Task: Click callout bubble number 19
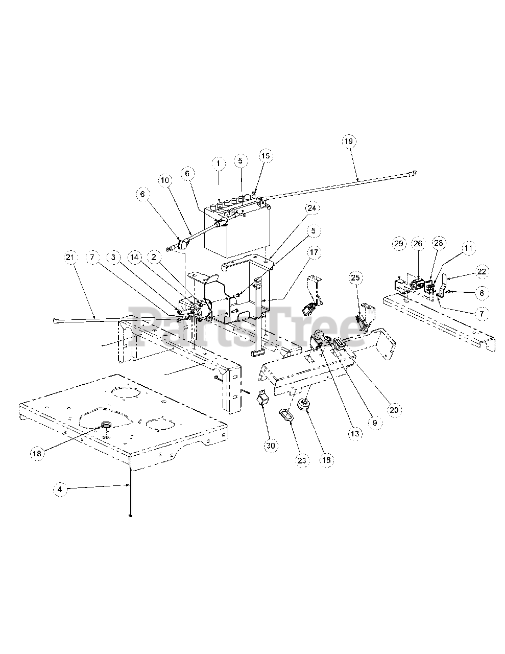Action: pos(350,141)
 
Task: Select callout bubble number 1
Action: pos(218,163)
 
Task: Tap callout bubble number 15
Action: pos(267,155)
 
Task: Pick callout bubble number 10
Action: pos(165,180)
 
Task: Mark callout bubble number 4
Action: pos(60,489)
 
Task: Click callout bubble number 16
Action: pos(326,460)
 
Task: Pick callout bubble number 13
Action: pos(354,433)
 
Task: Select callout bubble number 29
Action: pos(399,244)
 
